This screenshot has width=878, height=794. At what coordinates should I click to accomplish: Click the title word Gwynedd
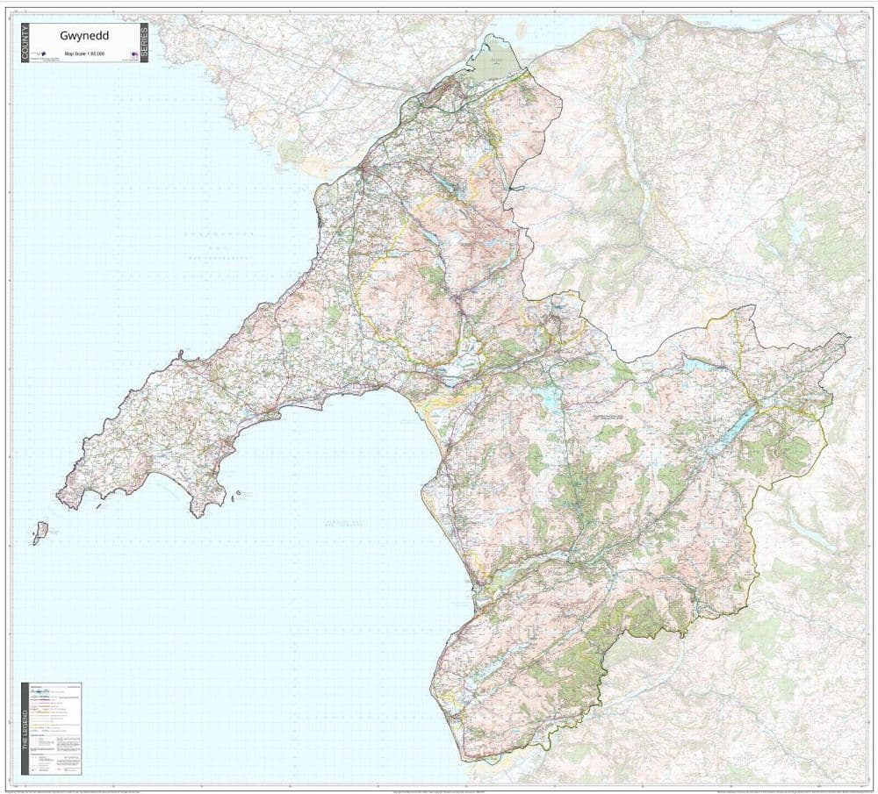79,37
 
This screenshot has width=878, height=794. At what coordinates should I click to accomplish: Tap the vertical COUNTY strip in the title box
24,44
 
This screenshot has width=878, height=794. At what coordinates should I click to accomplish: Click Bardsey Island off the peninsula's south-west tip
40,533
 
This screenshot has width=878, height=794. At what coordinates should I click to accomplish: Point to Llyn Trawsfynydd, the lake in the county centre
551,398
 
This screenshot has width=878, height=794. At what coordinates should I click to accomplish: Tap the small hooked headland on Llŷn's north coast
180,355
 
